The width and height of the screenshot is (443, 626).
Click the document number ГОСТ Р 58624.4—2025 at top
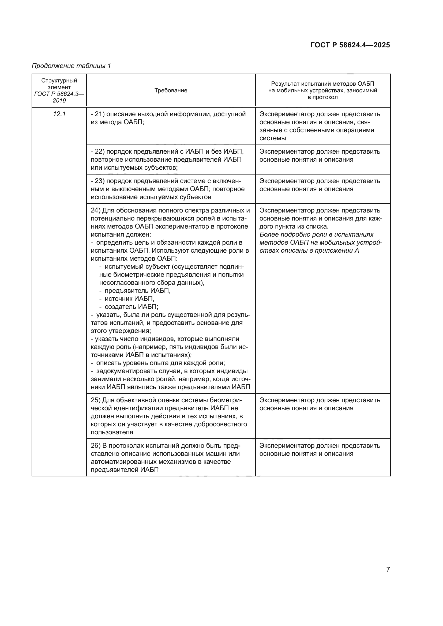click(x=350, y=45)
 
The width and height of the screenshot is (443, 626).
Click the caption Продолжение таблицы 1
click(x=71, y=66)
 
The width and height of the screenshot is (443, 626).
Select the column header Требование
click(x=171, y=90)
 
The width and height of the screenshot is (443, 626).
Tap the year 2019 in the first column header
click(x=59, y=100)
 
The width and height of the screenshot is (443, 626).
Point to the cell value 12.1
click(x=59, y=114)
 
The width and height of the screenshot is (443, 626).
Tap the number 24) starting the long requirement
click(x=95, y=210)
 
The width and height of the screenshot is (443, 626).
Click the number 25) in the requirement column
click(x=95, y=400)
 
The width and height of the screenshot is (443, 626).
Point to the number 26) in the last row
click(x=95, y=446)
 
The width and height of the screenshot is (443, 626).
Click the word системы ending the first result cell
click(x=272, y=138)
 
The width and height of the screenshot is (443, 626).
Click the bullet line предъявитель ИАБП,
click(x=137, y=291)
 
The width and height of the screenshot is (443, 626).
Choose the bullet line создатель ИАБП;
click(x=131, y=307)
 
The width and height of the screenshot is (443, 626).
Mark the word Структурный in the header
click(x=59, y=81)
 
